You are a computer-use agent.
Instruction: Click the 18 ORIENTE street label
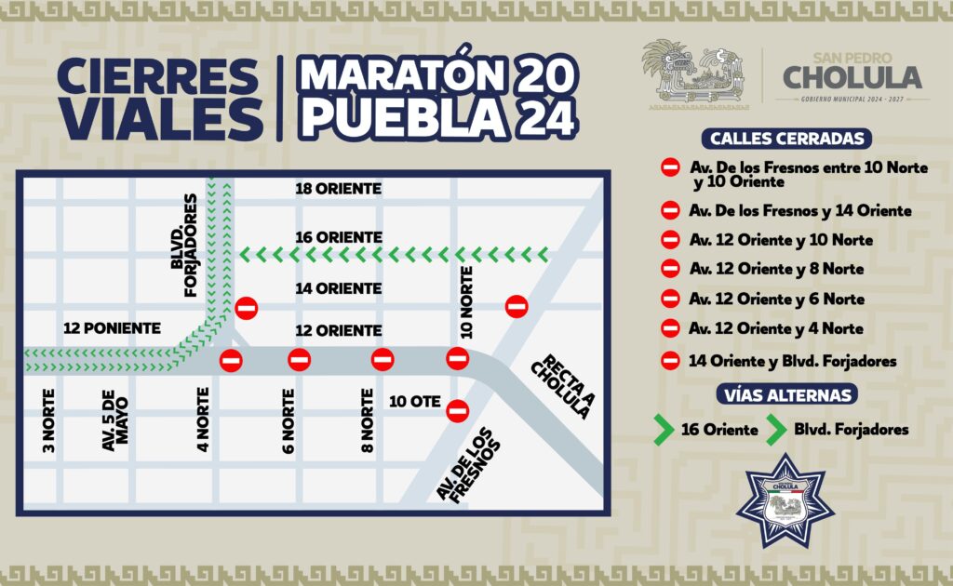click(338, 189)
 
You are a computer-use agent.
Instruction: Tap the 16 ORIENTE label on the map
click(338, 237)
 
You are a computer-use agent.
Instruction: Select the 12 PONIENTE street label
click(112, 328)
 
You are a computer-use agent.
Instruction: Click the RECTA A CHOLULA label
click(561, 385)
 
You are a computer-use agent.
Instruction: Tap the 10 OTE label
click(411, 402)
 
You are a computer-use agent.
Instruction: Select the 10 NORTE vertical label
click(467, 302)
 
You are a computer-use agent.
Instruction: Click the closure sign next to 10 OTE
click(456, 410)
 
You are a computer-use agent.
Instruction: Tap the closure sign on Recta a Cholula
click(517, 305)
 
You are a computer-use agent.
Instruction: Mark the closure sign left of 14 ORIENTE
click(247, 307)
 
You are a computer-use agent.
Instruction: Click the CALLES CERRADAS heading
click(787, 139)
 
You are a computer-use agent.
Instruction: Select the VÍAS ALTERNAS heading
click(786, 394)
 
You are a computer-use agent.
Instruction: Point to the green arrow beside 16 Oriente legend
click(663, 430)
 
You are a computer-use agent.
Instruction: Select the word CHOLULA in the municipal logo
click(852, 76)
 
